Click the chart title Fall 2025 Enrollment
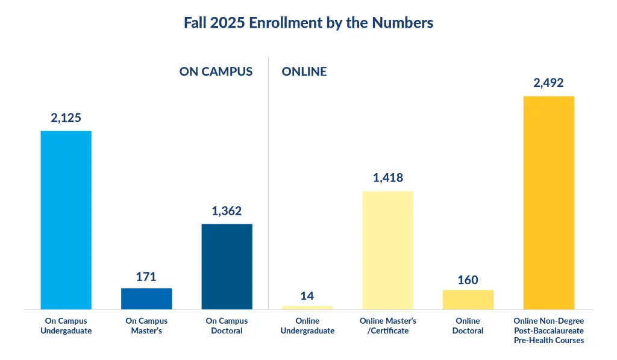pos(308,23)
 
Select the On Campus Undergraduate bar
pos(66,220)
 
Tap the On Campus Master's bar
pos(146,298)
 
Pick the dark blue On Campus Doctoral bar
pos(227,267)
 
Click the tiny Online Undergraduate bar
pos(307,308)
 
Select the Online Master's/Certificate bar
pos(387,250)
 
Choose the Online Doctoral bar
pos(468,300)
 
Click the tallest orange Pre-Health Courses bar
pos(548,203)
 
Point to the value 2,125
pos(66,118)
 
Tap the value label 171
pos(146,277)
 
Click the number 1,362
pos(227,211)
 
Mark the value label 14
pos(307,295)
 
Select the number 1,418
pos(387,178)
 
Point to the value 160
pos(468,280)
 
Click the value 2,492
pos(548,83)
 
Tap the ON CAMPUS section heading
pos(216,71)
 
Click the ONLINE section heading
pos(304,71)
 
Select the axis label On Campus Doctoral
pos(227,326)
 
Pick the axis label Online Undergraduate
pos(307,326)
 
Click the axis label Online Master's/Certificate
pos(387,326)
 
